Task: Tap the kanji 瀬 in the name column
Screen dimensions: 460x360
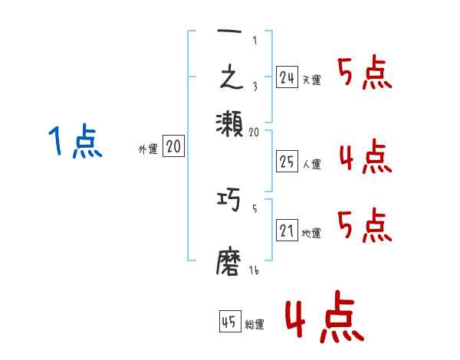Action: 229,120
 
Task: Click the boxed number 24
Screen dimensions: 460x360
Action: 287,77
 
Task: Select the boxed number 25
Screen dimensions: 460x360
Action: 287,161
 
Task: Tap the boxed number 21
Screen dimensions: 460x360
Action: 287,231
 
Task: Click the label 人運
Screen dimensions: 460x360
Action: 311,163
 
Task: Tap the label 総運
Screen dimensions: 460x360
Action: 255,325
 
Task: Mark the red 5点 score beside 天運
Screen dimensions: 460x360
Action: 365,74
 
